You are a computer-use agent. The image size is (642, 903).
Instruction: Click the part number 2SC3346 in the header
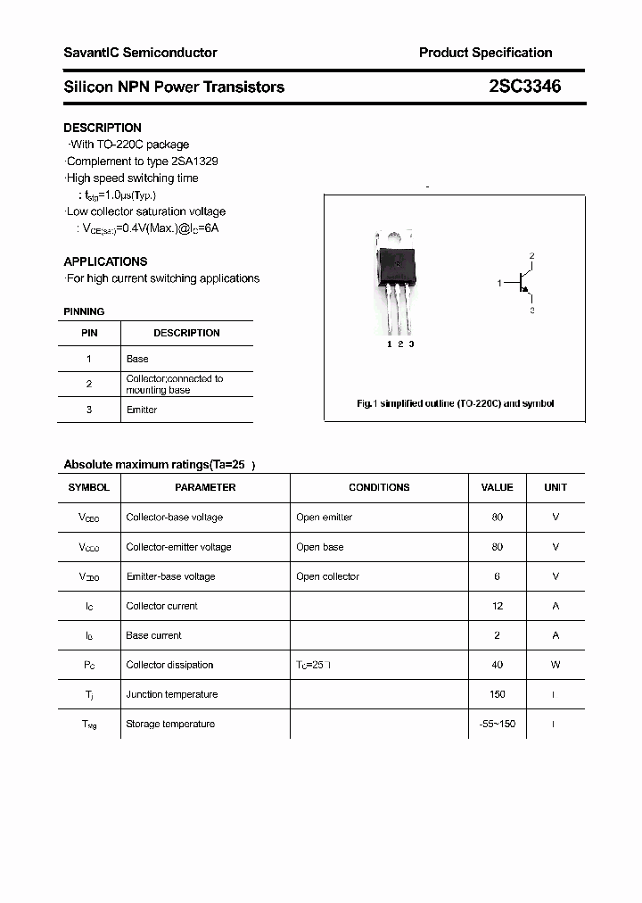(x=525, y=87)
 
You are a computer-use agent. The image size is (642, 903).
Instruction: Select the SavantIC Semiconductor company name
(x=140, y=53)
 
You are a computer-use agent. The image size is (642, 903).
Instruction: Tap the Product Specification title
(x=485, y=53)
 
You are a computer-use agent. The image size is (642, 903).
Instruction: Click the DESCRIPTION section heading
(x=103, y=128)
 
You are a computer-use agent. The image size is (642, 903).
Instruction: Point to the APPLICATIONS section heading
(x=105, y=261)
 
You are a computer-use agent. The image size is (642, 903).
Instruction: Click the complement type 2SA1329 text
(x=194, y=162)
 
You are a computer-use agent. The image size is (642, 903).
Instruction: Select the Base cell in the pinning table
(x=137, y=359)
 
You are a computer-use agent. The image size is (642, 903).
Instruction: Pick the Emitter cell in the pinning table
(x=142, y=410)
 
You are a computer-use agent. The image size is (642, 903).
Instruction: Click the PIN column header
(x=89, y=333)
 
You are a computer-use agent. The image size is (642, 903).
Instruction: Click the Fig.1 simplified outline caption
(x=455, y=403)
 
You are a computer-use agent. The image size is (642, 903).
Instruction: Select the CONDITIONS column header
(x=379, y=487)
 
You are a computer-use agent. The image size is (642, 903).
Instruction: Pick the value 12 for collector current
(x=497, y=606)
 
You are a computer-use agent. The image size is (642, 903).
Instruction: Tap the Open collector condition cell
(x=327, y=576)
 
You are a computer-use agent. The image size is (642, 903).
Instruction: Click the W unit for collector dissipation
(x=555, y=665)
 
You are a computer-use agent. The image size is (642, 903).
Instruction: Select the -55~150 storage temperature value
(x=497, y=724)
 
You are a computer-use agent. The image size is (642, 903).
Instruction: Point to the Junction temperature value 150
(x=497, y=694)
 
